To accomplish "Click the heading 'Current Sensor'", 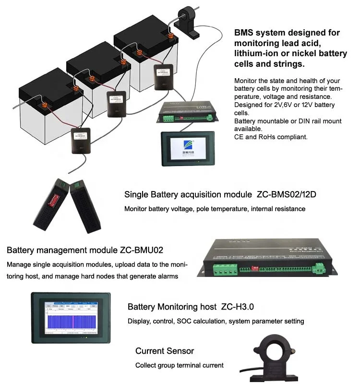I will click(x=164, y=351).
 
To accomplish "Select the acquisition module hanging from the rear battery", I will click(x=163, y=78).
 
